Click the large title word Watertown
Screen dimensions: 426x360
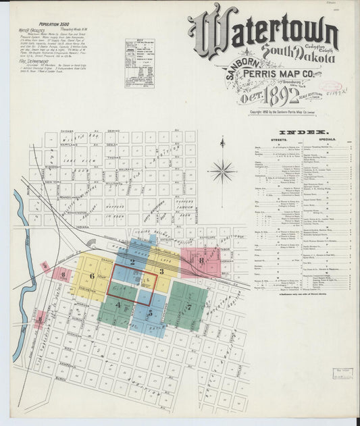[x=263, y=31]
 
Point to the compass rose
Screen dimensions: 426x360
[x=222, y=170]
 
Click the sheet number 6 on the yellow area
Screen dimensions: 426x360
[x=92, y=275]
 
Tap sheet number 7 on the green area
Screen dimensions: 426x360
[x=189, y=307]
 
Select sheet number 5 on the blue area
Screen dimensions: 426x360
[x=150, y=314]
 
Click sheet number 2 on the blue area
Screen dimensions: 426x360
[x=133, y=262]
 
